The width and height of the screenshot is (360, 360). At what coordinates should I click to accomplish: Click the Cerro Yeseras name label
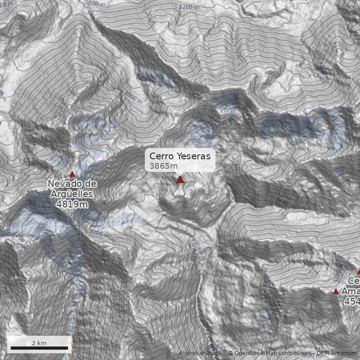coord(180,156)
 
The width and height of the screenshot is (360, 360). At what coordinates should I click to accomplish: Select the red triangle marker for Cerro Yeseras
coord(180,180)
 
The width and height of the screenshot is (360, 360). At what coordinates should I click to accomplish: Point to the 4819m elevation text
coord(72,204)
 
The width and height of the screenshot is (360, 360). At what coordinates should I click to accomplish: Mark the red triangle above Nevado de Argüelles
coord(72,174)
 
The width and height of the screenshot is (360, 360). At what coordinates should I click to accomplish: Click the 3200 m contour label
coord(189,7)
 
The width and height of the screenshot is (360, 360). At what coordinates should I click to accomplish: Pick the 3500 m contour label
coord(133,97)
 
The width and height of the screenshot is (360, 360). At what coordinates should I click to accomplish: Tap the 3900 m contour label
coord(224,122)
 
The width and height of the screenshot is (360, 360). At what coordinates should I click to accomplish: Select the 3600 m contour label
coord(285,203)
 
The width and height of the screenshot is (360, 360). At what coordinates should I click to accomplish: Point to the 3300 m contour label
coord(193,252)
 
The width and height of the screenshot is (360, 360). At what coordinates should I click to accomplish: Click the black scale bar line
coord(39,348)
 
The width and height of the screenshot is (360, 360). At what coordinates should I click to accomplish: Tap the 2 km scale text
coord(39,343)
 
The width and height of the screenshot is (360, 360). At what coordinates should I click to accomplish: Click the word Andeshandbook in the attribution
coord(201,353)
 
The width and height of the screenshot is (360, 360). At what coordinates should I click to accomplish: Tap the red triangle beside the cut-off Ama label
coord(336,292)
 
